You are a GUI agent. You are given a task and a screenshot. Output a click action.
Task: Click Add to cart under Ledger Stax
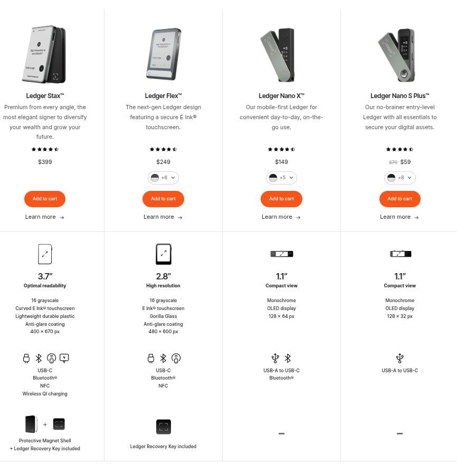tap(45, 199)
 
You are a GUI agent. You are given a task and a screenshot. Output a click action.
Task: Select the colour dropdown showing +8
tap(399, 178)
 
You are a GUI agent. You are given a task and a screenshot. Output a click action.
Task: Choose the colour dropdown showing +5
tap(281, 178)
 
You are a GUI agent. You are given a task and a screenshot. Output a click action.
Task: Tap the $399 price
tap(45, 162)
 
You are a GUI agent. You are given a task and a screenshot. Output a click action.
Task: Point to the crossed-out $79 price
tap(393, 162)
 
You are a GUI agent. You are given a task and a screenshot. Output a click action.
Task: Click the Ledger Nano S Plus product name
tap(399, 96)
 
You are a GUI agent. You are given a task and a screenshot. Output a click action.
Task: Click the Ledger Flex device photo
tap(163, 54)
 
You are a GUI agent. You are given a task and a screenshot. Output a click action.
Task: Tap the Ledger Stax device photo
tap(44, 54)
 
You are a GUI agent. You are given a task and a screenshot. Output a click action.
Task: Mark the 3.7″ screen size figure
tap(45, 276)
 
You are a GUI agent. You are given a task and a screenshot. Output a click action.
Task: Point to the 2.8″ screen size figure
tap(163, 276)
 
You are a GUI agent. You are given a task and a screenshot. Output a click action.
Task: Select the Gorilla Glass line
tap(163, 316)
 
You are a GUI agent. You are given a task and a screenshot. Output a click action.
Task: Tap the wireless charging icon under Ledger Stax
tap(64, 359)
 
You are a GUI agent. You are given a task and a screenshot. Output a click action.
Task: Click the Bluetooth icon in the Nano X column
tap(288, 359)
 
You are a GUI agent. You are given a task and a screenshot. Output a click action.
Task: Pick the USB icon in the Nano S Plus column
tap(399, 359)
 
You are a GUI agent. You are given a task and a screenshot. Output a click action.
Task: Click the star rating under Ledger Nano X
tap(281, 150)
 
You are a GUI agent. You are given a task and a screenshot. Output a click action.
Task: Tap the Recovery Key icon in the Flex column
tap(164, 427)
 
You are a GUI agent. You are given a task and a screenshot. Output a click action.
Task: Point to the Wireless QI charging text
tap(45, 394)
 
